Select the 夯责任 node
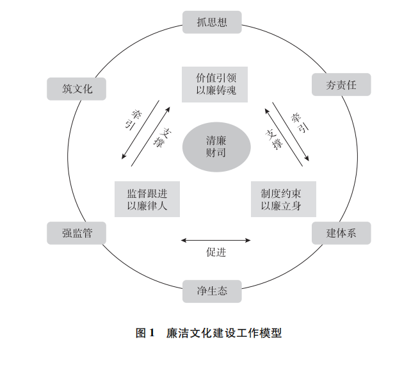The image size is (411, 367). point(341,85)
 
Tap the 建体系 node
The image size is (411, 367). point(341,233)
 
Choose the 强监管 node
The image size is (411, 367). point(77,233)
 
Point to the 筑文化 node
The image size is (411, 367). point(77,88)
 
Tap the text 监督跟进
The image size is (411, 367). point(147,193)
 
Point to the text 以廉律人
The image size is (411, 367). point(147,206)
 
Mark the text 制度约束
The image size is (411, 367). point(281,193)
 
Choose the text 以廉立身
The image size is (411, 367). point(281,206)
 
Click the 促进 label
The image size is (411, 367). point(216,252)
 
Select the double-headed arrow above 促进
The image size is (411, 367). point(216,240)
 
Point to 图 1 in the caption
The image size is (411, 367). point(145,334)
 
